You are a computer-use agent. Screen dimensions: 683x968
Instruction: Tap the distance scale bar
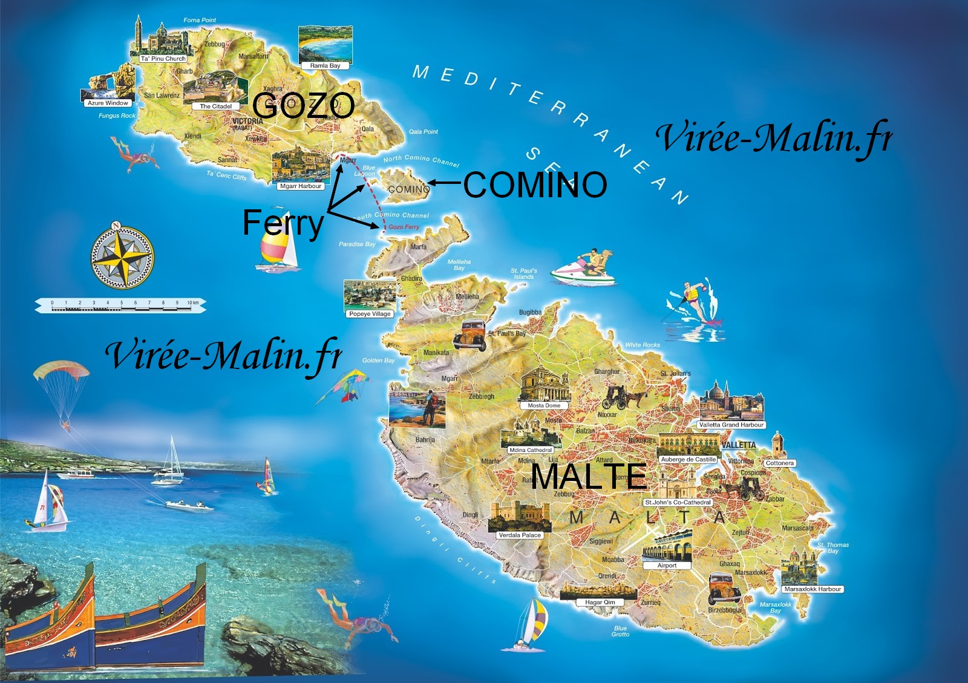click(x=121, y=306)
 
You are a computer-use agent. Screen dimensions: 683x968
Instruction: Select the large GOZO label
click(x=304, y=106)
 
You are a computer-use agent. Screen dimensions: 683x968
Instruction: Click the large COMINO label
click(x=535, y=185)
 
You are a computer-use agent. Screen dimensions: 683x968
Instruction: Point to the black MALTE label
click(x=589, y=476)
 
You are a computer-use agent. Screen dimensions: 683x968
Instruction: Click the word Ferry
click(x=283, y=223)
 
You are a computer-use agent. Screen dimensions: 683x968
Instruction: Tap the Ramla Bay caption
click(x=325, y=65)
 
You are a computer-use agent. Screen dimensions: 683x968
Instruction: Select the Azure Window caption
click(x=108, y=103)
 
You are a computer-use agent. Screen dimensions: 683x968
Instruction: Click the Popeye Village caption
click(x=370, y=314)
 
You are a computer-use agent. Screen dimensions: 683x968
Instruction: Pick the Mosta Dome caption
click(x=544, y=405)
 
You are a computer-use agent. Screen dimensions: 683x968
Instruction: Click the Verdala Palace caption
click(x=519, y=535)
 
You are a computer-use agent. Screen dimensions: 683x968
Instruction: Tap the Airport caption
click(x=667, y=566)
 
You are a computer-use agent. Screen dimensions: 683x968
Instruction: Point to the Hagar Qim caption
click(x=600, y=602)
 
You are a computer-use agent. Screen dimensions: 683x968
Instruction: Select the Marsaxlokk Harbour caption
click(x=813, y=589)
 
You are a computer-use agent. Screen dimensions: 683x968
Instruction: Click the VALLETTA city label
click(x=739, y=445)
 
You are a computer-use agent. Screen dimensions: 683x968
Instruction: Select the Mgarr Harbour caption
click(x=301, y=186)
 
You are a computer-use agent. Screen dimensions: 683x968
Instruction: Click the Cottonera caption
click(x=779, y=463)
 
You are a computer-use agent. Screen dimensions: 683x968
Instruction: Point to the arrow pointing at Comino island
click(x=445, y=182)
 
